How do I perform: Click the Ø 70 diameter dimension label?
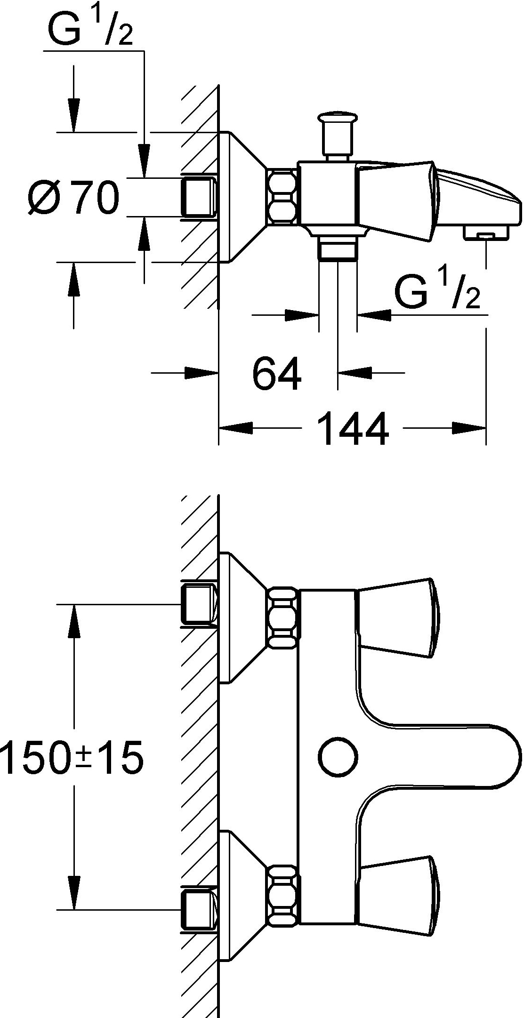point(73,197)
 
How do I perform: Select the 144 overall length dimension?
point(353,428)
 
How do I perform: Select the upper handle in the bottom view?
point(398,617)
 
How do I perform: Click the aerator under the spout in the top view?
point(486,232)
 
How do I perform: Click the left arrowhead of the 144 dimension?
point(235,428)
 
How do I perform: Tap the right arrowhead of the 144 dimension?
point(469,428)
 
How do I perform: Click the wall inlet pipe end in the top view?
point(198,197)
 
